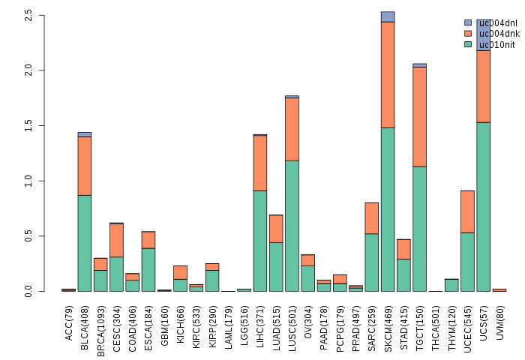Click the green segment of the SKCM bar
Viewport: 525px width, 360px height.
388,209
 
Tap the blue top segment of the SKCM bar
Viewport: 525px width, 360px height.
388,16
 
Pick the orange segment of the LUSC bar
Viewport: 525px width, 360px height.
292,129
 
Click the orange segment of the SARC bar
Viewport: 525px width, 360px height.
371,218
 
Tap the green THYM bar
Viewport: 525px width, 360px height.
451,285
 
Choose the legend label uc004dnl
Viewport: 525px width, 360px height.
498,22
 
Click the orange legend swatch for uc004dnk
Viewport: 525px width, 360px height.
468,34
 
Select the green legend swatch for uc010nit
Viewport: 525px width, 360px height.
468,44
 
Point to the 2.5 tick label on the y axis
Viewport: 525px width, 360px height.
28,15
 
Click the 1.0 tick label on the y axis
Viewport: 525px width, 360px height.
28,181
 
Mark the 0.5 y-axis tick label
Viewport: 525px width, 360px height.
28,236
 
